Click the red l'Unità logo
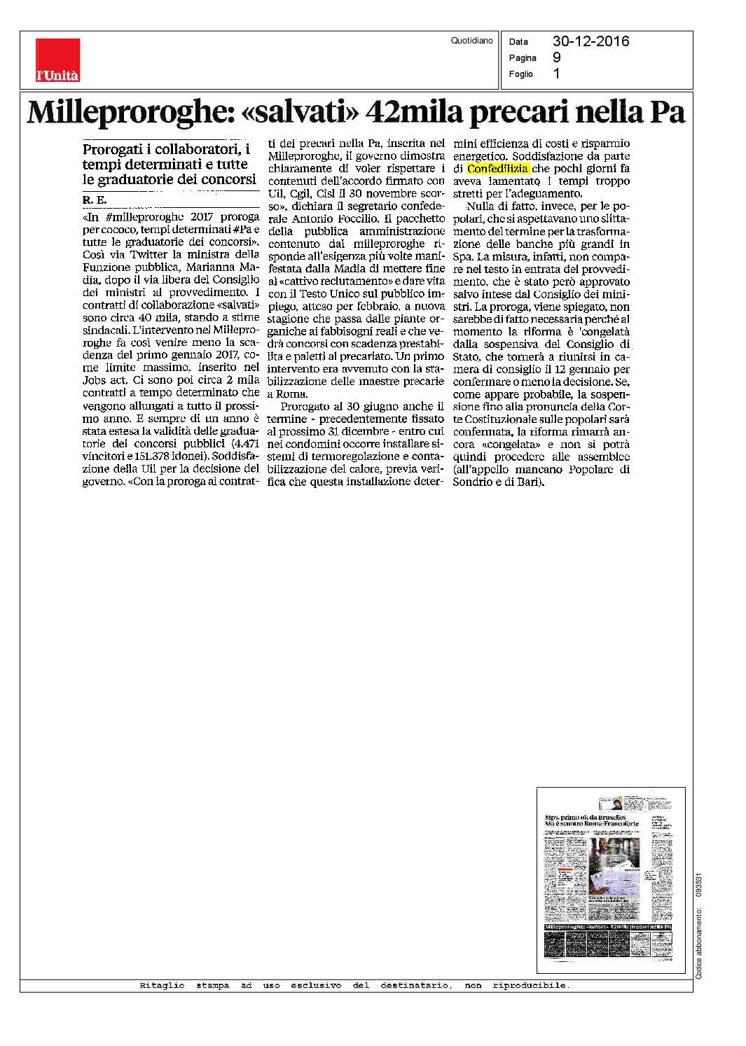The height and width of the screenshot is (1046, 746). (x=57, y=60)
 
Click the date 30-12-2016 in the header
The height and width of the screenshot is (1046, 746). (x=590, y=41)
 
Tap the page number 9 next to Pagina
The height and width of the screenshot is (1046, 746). (x=556, y=57)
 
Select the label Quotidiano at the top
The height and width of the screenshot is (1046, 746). (x=472, y=41)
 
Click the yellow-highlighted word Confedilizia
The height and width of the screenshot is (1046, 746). (x=498, y=169)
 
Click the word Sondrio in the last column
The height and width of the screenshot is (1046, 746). (x=473, y=482)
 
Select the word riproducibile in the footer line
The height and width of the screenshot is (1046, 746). (x=531, y=986)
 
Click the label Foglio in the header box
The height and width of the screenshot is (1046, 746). (x=521, y=74)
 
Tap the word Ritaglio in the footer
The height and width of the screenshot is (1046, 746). (x=162, y=986)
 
